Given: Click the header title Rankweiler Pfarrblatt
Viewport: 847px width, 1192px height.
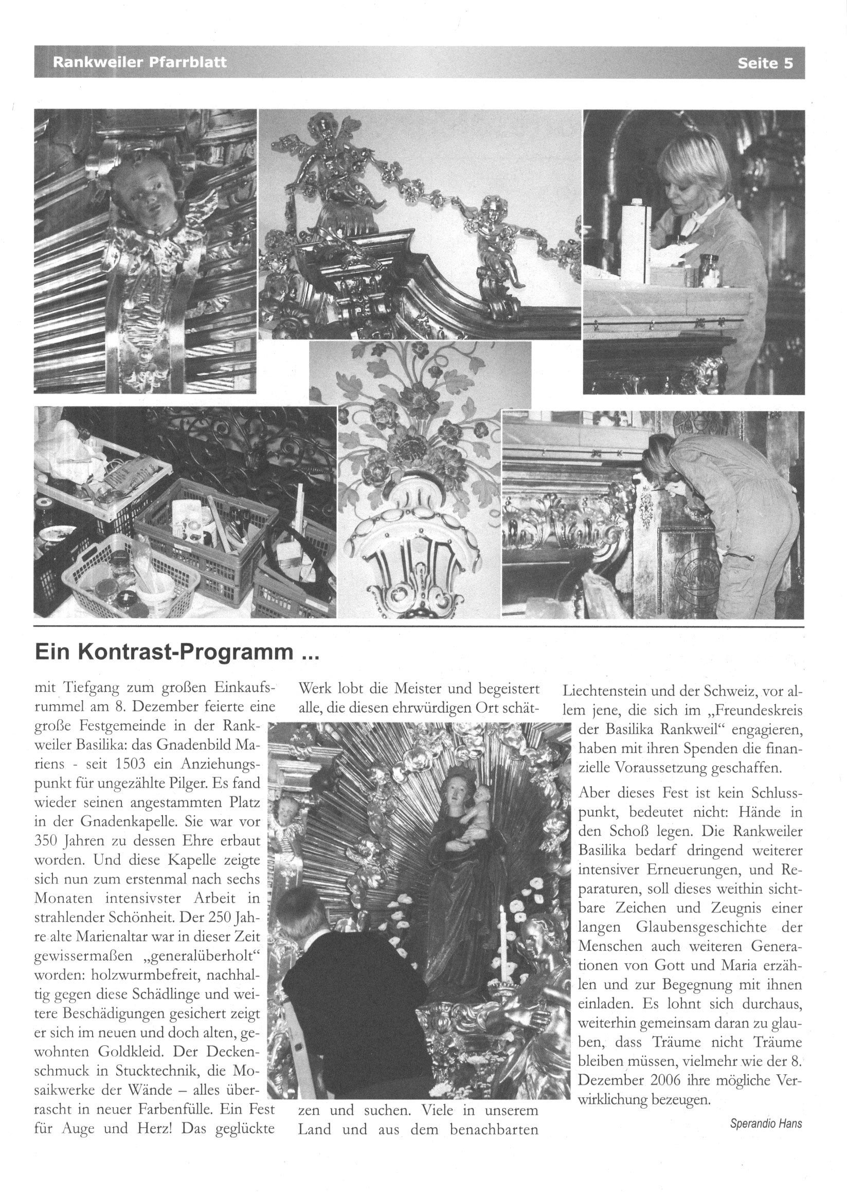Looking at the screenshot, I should click(139, 63).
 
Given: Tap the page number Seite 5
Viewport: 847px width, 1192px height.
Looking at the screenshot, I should click(765, 63).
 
